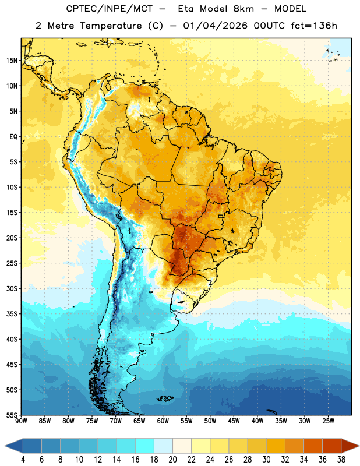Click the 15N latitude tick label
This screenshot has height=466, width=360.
(12, 61)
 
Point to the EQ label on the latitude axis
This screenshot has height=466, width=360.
(13, 137)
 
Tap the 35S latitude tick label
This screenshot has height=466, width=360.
(12, 314)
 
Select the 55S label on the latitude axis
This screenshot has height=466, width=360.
(12, 415)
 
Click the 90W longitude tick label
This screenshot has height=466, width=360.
(21, 421)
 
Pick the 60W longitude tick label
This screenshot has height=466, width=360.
(163, 421)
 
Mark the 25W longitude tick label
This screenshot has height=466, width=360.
(328, 421)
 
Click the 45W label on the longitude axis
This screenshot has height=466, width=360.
(234, 421)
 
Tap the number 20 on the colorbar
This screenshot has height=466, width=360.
(172, 460)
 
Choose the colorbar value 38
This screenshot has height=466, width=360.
(341, 460)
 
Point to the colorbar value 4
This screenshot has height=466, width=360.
(23, 460)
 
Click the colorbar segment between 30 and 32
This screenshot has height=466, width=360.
(276, 446)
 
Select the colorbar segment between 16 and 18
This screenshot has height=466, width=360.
(144, 446)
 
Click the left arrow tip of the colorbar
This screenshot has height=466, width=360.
(5, 446)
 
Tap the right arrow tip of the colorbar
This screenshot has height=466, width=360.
(359, 446)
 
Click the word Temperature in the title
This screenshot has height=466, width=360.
(111, 26)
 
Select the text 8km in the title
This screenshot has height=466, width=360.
(243, 9)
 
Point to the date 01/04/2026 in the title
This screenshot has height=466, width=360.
(215, 26)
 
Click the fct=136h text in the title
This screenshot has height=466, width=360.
(314, 26)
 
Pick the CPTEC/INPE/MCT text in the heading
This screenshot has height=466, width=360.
(109, 9)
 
